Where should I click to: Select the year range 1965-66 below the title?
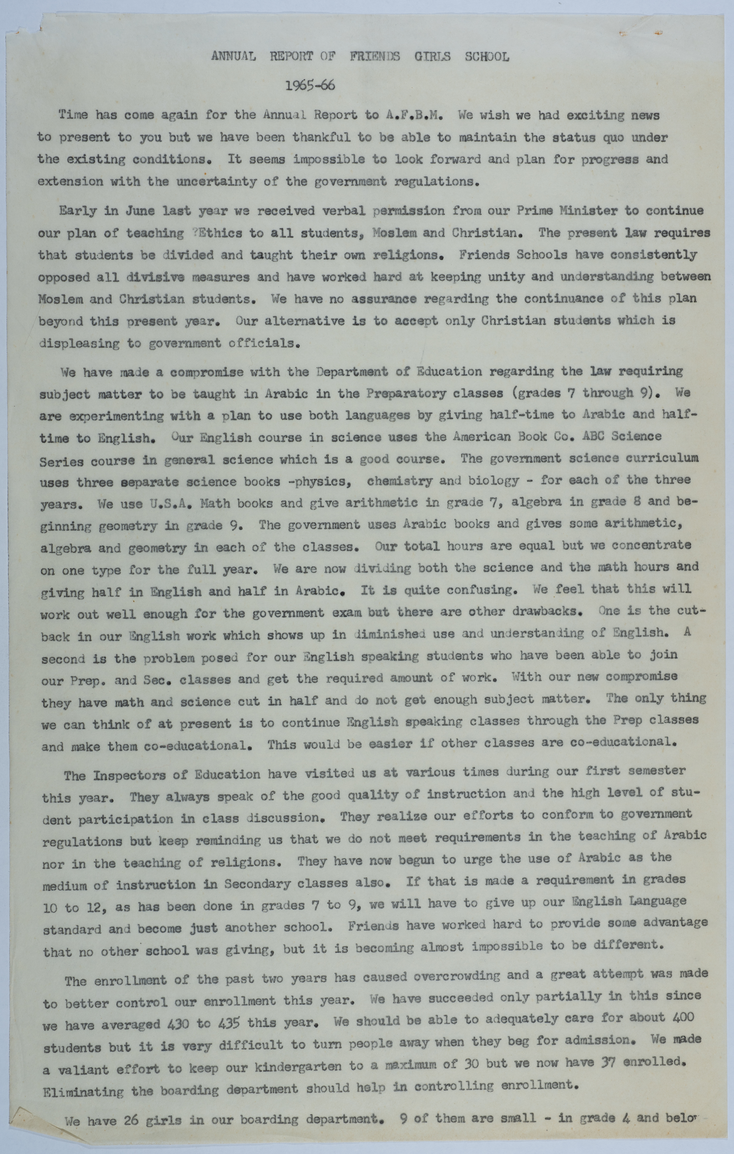(x=310, y=86)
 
